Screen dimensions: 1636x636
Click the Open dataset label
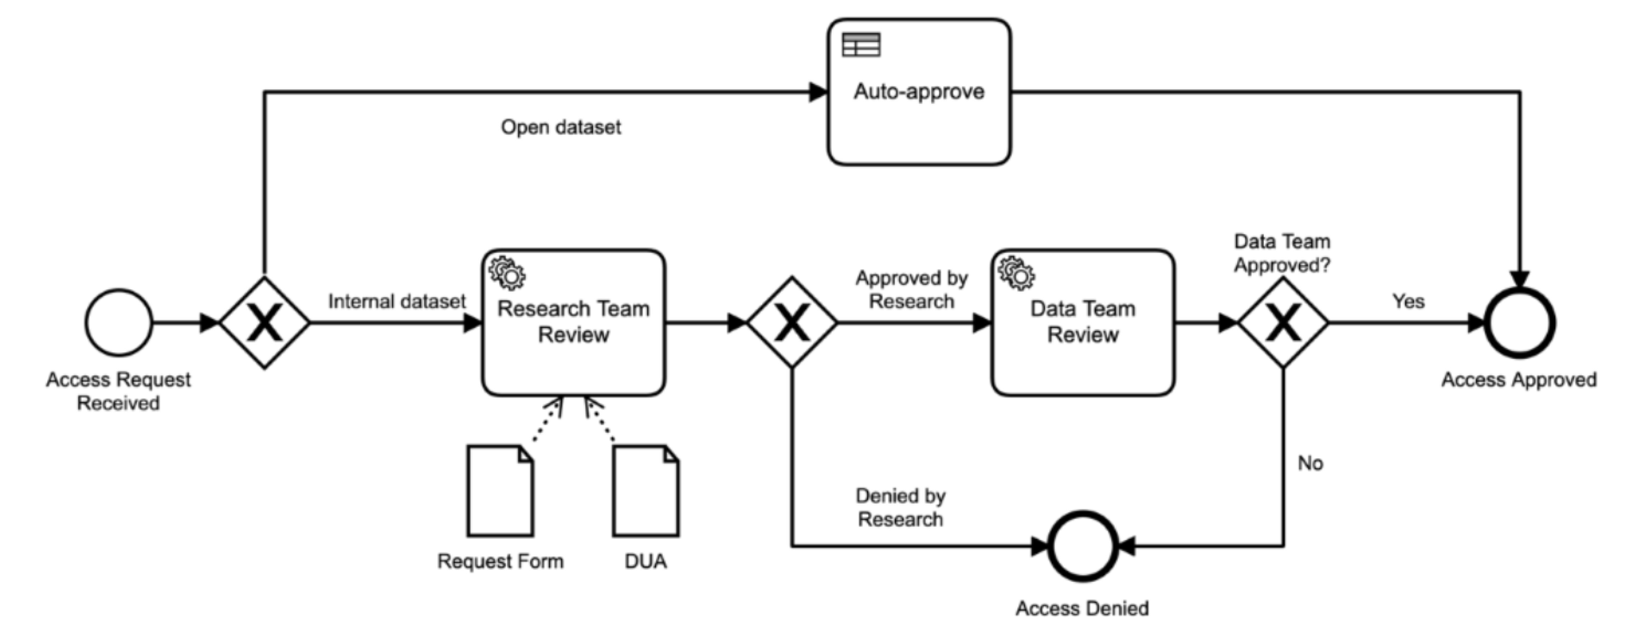pyautogui.click(x=561, y=127)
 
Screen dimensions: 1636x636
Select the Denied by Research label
pyautogui.click(x=901, y=507)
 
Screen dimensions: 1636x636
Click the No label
pyautogui.click(x=1310, y=463)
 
